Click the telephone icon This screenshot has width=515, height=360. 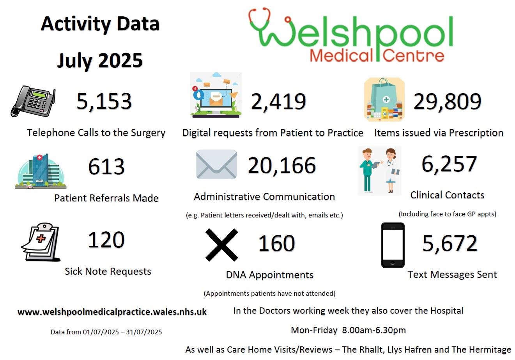[33, 101]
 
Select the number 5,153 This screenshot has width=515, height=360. [104, 101]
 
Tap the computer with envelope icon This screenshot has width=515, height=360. [216, 95]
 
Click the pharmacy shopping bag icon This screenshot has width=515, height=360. [384, 100]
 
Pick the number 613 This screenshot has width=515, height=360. [106, 167]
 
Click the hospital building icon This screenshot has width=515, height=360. [41, 171]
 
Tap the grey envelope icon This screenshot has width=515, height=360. [216, 164]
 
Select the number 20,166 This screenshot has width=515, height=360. [281, 166]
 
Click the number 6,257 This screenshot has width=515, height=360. [449, 164]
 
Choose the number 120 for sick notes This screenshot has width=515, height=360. [106, 240]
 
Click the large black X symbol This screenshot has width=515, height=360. [221, 245]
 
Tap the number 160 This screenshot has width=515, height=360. [276, 244]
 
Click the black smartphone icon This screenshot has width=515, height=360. [393, 245]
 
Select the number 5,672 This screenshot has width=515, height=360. [450, 244]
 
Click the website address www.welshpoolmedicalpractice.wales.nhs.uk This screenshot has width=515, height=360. [112, 312]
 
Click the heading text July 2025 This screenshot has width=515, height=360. [100, 61]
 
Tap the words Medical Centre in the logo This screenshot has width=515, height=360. [377, 56]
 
